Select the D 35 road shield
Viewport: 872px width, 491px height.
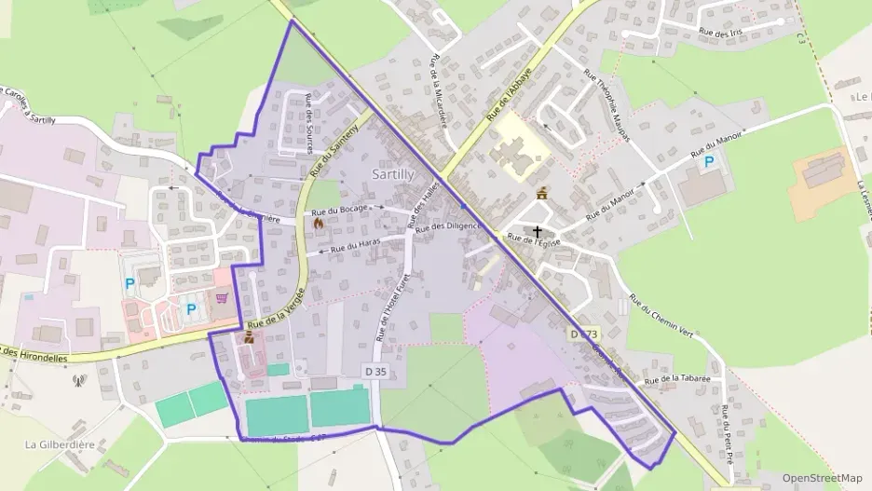tap(375, 371)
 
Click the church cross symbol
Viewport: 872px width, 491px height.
tap(537, 230)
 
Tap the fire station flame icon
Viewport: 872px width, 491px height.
tap(319, 223)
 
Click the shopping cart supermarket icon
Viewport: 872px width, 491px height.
tap(222, 299)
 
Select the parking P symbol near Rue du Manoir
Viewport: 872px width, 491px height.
tap(709, 162)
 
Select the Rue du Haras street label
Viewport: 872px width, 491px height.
tap(357, 246)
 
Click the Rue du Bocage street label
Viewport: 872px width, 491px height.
tap(340, 211)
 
